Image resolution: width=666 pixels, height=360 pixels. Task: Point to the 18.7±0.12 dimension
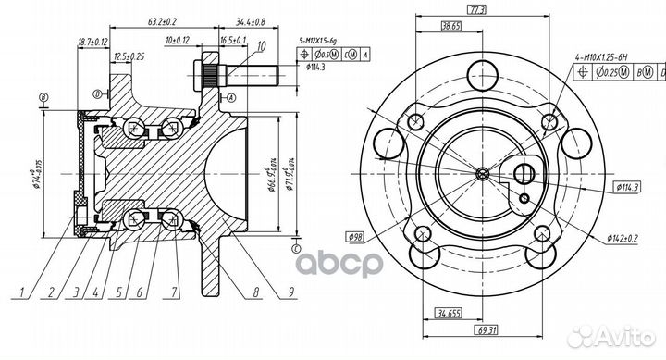pos(93,42)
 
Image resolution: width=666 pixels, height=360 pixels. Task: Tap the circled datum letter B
pos(43,96)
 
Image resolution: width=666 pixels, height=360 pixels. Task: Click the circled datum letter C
pos(294,247)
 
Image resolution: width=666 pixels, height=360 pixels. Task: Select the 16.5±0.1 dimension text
pos(231,42)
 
